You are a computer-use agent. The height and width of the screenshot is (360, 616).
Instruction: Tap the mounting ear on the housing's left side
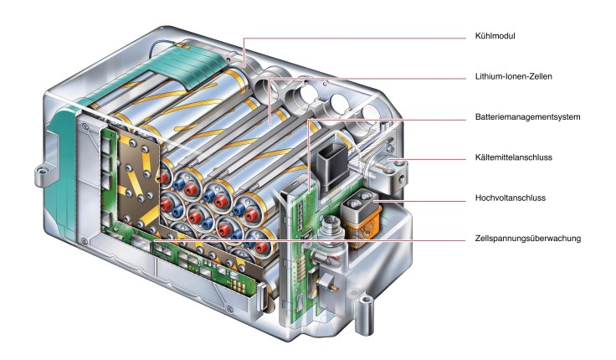[x=38, y=174]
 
